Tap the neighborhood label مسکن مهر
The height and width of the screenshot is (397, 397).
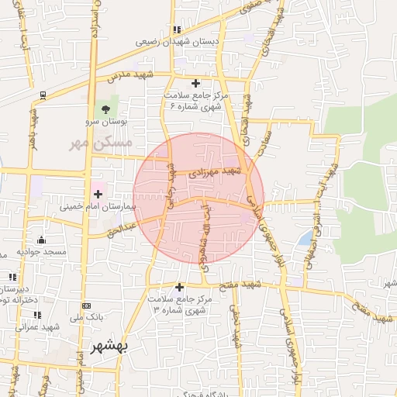coord(101,143)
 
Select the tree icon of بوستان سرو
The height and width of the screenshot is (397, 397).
coord(105,109)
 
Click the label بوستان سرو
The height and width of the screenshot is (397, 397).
coord(104,123)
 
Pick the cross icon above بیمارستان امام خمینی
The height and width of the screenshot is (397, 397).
coord(98,194)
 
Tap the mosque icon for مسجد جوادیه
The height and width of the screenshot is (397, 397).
coord(40,240)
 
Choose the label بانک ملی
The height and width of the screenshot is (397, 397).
coord(86,318)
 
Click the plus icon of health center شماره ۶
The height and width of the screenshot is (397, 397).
coord(195,82)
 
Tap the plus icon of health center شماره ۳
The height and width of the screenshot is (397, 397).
coord(180,286)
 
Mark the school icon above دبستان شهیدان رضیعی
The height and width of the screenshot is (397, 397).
coord(178,29)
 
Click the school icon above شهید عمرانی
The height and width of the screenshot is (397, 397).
coord(36,314)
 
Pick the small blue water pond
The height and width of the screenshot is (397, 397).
coord(308,236)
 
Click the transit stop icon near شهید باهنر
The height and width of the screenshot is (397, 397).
coord(42,95)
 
